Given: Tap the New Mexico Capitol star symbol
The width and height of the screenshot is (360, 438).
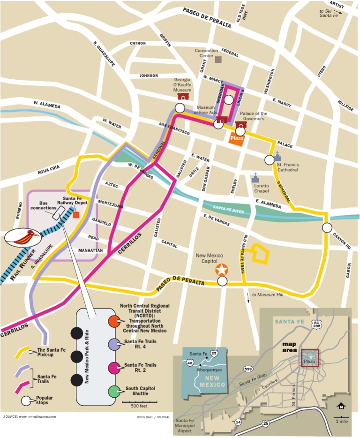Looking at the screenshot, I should click(x=222, y=270).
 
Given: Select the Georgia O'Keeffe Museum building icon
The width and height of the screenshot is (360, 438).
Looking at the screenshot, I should click(x=183, y=96).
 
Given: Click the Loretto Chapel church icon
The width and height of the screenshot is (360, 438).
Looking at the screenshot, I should click(x=255, y=178).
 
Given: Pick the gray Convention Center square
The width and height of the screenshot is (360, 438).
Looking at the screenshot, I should click(x=218, y=60).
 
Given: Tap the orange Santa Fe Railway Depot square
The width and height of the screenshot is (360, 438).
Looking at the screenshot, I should click(x=76, y=214).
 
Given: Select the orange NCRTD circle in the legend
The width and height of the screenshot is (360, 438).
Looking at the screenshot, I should click(x=113, y=321).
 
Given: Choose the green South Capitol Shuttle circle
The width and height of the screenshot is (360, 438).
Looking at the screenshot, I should click(x=113, y=391).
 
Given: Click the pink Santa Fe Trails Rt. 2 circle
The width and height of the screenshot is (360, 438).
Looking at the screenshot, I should click(x=113, y=368).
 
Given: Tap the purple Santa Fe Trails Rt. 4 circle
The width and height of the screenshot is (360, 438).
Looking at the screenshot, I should click(x=113, y=345).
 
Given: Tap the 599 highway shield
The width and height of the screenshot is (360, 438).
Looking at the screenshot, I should click(x=248, y=369).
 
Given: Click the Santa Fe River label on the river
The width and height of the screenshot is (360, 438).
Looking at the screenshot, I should click(x=228, y=208).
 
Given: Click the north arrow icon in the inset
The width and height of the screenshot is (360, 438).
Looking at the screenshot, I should click(x=341, y=406).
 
